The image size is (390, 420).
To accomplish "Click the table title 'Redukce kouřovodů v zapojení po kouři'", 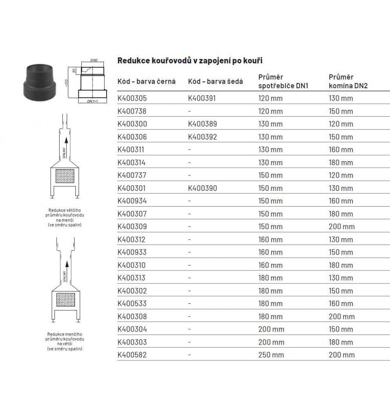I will [190, 60].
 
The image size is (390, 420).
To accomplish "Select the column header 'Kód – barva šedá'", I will [216, 81].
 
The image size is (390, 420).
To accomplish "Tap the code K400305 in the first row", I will [132, 99].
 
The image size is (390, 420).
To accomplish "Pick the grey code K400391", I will [202, 99].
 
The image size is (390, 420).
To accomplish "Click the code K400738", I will [132, 111].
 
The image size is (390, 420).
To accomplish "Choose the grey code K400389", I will [202, 124].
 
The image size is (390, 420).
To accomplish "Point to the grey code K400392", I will [202, 137].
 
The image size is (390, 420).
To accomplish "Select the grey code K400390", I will [202, 188].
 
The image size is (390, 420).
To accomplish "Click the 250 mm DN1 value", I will [271, 355].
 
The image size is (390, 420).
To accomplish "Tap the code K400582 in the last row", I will [132, 355].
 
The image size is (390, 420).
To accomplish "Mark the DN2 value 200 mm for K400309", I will [341, 226].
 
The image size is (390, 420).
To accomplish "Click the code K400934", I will [132, 201].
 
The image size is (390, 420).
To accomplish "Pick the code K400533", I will [132, 303].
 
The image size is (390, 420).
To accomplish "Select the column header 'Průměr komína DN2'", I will [348, 81].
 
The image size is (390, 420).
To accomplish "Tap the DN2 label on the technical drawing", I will [94, 60].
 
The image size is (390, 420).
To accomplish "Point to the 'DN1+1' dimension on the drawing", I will [92, 102].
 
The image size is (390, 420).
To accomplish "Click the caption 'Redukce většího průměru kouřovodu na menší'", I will [65, 217].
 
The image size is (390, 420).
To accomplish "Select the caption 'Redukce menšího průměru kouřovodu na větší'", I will [65, 341].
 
